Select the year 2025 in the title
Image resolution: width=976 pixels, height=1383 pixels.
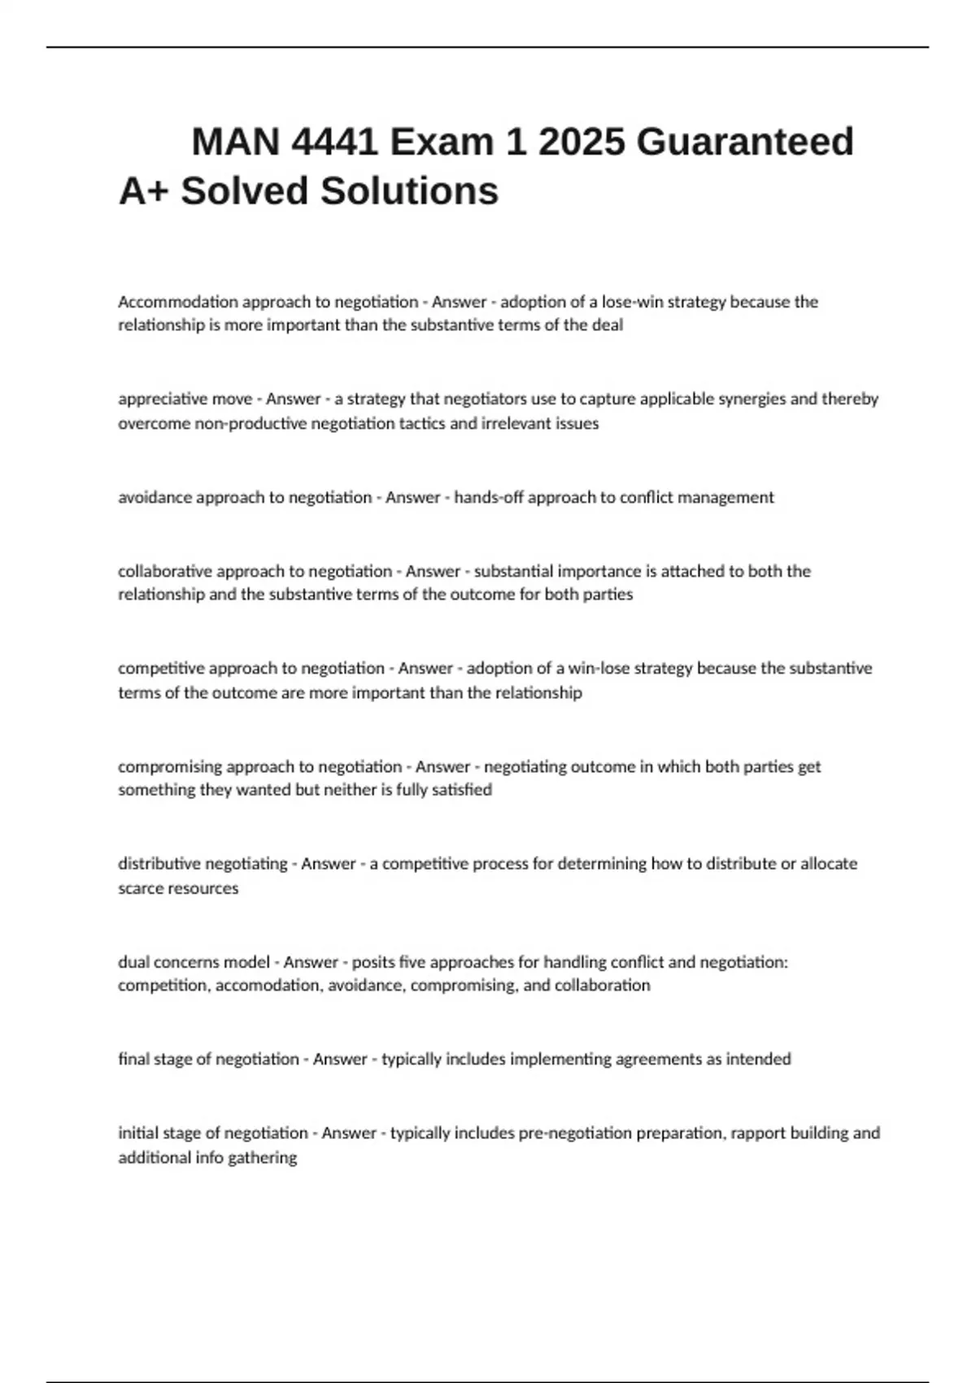tap(582, 142)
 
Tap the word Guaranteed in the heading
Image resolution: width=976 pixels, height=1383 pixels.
tap(745, 142)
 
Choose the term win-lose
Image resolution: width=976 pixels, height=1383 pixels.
tap(598, 668)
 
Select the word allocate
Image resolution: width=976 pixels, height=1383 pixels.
tap(829, 863)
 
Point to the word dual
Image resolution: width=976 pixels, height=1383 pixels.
tap(133, 962)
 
